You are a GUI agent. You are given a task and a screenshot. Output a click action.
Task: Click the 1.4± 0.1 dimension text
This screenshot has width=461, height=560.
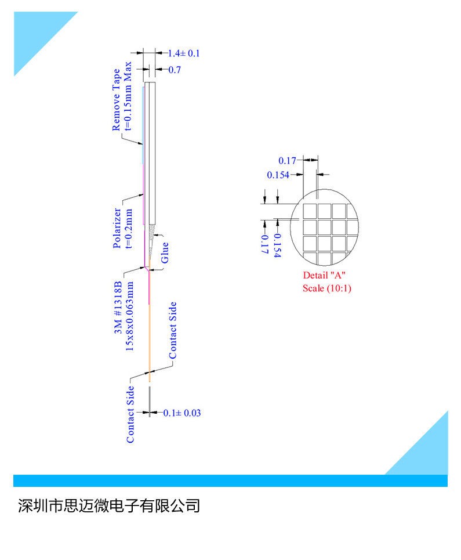click(x=184, y=53)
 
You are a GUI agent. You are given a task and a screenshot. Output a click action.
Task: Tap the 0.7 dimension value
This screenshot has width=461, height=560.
click(x=175, y=70)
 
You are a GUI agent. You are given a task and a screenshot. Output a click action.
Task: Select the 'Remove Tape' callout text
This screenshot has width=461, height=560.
click(x=117, y=100)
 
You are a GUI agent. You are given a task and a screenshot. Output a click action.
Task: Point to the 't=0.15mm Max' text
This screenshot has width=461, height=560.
click(x=128, y=96)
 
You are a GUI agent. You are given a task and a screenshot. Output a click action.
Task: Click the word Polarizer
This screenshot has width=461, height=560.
click(x=117, y=228)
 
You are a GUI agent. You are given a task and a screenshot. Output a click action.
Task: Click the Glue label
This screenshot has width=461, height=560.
click(x=165, y=252)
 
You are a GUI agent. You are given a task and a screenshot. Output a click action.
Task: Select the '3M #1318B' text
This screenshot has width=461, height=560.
click(x=118, y=308)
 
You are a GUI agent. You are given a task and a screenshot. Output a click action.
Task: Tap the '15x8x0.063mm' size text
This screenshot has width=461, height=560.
click(x=129, y=316)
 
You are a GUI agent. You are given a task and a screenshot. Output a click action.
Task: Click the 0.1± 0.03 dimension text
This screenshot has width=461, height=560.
click(x=182, y=413)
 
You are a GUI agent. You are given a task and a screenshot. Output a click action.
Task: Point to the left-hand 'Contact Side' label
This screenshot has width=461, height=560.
click(x=130, y=414)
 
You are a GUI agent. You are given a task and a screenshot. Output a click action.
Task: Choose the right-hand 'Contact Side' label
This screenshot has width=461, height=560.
click(x=173, y=330)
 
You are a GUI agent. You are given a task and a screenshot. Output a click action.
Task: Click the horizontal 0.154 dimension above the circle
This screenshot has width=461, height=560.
click(x=278, y=175)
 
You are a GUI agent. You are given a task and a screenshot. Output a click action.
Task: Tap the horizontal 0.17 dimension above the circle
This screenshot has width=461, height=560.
click(x=287, y=161)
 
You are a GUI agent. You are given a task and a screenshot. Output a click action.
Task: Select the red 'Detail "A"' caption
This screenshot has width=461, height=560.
click(x=324, y=275)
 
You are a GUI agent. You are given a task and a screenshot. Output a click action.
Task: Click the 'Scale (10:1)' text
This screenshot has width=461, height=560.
click(x=327, y=288)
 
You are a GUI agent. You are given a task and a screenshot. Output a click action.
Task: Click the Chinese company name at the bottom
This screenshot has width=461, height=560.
click(x=109, y=505)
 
